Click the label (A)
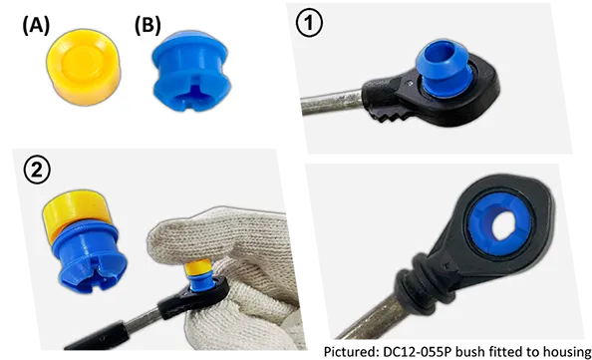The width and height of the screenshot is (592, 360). click(x=36, y=26)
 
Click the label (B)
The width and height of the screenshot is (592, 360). click(x=148, y=26)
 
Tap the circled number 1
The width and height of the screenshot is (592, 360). click(x=309, y=23)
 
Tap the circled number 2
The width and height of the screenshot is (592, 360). click(x=37, y=171)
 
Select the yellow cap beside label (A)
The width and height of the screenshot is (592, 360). click(x=84, y=67)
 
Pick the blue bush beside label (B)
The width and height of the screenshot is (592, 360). click(x=191, y=71)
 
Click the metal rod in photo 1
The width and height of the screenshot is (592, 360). click(x=332, y=102)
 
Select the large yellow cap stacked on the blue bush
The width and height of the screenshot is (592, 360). click(x=76, y=211)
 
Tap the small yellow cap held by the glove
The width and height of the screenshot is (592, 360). click(x=199, y=266)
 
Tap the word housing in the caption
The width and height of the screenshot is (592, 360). click(x=567, y=352)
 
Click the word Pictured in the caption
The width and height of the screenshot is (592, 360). click(x=351, y=351)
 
